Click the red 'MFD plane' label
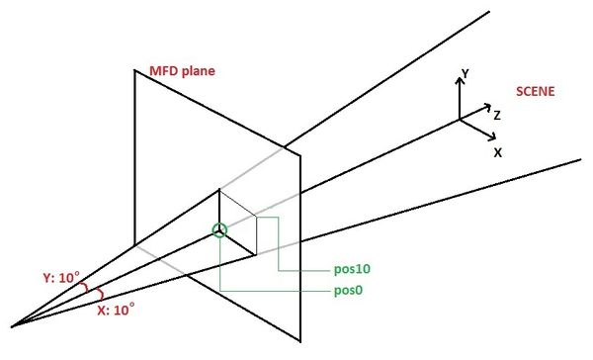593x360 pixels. pos(181,71)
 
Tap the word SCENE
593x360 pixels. pos(535,92)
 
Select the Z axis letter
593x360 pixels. pos(497,116)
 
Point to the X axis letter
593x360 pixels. pos(498,153)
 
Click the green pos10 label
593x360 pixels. pos(354,269)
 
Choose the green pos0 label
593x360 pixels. pos(351,292)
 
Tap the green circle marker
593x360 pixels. pos(219,231)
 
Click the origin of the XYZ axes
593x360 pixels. pos(460,120)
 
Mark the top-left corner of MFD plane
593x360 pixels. pos(135,70)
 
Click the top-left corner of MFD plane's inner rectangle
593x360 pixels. pos(219,189)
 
